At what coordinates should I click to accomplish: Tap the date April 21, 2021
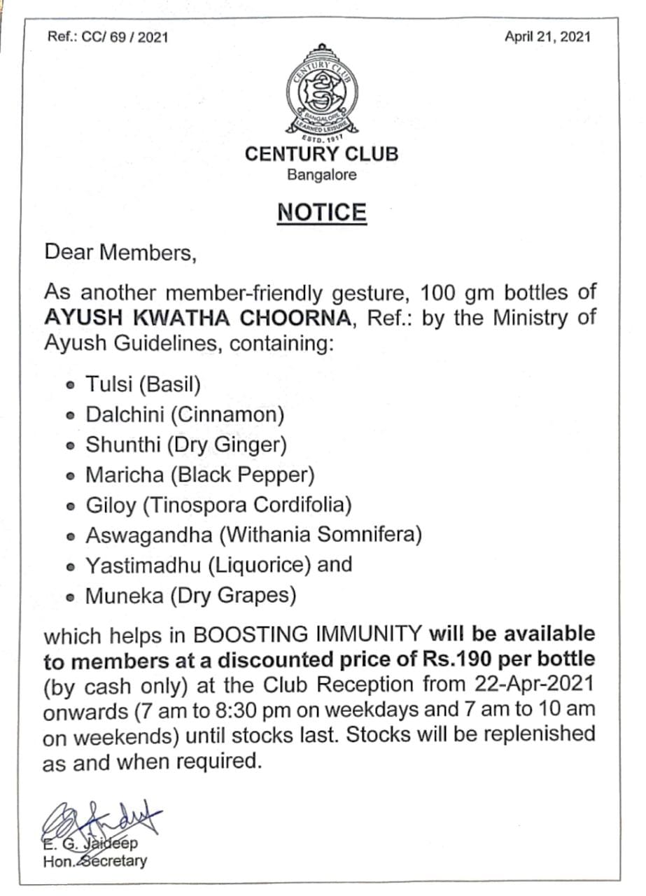pos(547,36)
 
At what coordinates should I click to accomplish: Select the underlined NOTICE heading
pos(321,212)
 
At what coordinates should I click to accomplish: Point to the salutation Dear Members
pos(120,252)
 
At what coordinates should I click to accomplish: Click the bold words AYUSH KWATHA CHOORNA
pos(197,317)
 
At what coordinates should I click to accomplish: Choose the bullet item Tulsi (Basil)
pos(143,384)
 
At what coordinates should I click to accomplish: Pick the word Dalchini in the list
pos(125,414)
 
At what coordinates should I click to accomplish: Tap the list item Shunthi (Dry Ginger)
pos(185,444)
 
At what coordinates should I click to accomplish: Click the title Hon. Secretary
pos(95,860)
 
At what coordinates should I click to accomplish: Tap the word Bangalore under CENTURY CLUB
pos(321,174)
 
